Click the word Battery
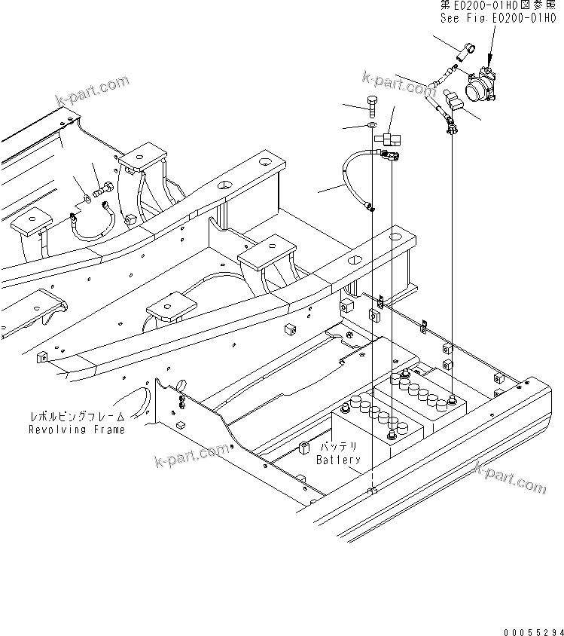[x=338, y=460]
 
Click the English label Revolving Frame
[x=76, y=430]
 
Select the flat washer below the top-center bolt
[x=373, y=124]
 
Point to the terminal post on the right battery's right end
[x=452, y=399]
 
